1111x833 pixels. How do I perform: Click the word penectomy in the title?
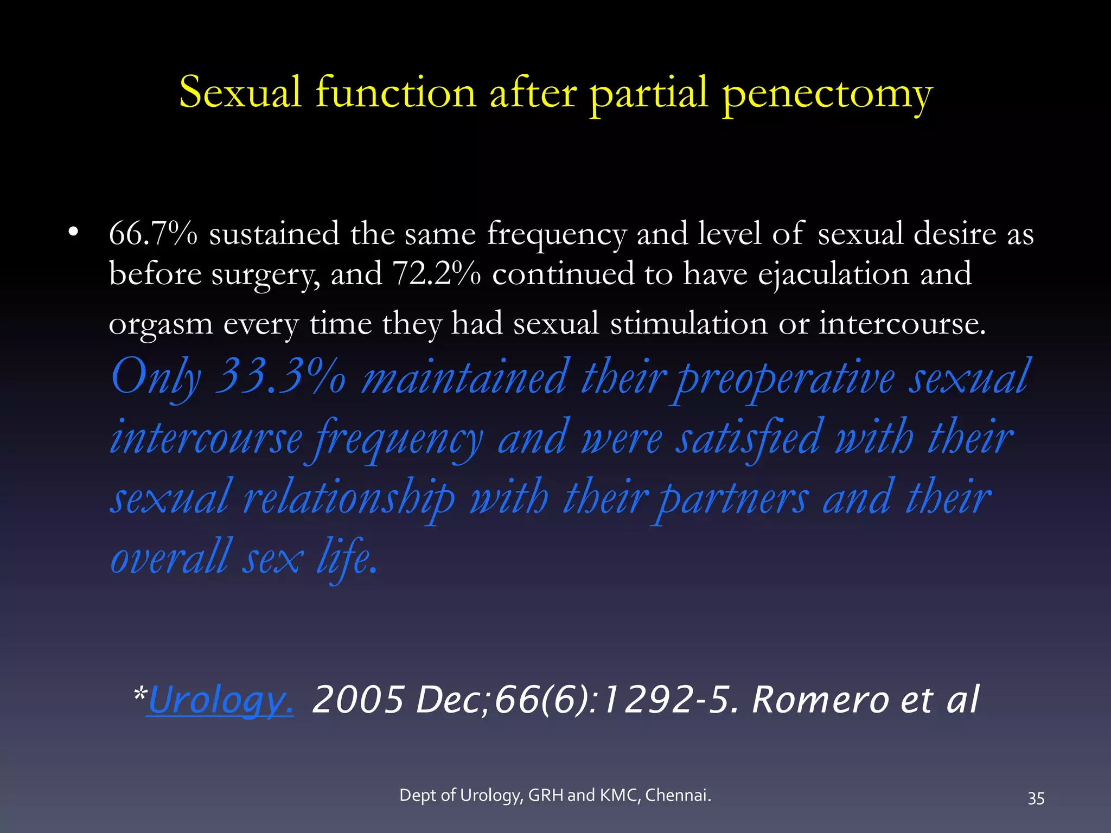827,93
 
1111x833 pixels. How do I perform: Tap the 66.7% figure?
153,234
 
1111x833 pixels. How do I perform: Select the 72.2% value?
436,273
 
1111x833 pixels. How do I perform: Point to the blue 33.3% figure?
280,376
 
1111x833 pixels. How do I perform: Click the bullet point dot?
73,233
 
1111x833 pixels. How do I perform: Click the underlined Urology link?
220,700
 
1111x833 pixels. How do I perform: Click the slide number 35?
1036,798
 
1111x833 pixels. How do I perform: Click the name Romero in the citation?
820,700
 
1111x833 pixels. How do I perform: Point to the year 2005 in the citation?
359,700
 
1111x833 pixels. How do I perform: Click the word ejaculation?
833,274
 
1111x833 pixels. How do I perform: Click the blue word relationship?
349,498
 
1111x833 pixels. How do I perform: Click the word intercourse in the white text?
902,324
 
